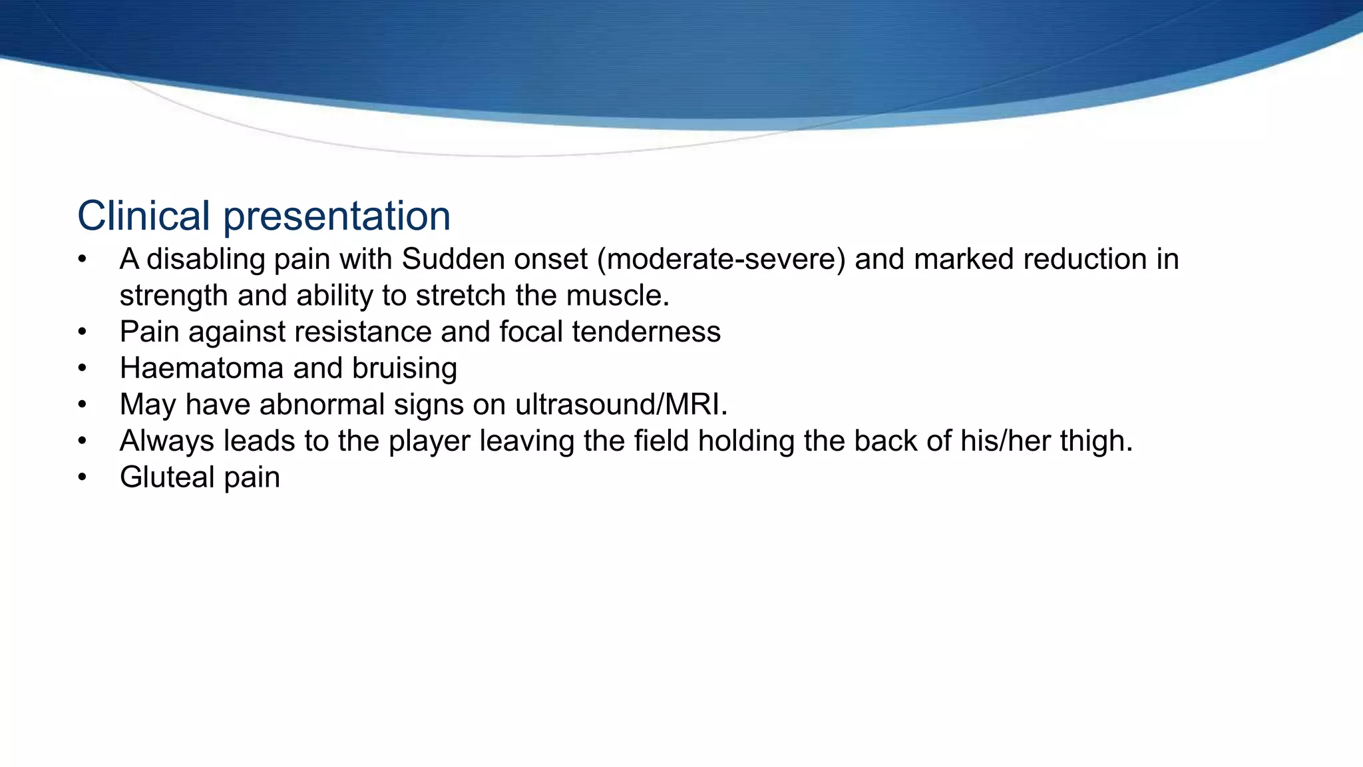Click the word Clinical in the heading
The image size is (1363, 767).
(x=143, y=216)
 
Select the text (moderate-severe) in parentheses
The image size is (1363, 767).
(x=721, y=259)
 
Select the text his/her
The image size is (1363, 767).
(x=1006, y=441)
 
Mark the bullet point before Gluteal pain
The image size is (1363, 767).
(x=82, y=477)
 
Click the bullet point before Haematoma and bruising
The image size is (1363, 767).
(x=82, y=368)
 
